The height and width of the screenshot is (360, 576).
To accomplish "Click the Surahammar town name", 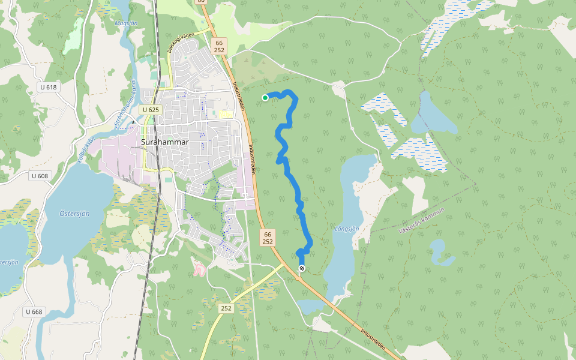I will click(x=164, y=142).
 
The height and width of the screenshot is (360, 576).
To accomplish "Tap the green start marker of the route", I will click(x=265, y=98).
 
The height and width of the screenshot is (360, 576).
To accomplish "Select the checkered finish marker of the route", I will click(x=302, y=269).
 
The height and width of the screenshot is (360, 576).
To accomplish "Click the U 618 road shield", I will click(x=48, y=88).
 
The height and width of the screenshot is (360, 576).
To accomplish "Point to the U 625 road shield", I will click(x=151, y=110).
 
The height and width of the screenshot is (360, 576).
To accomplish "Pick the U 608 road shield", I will click(x=40, y=176).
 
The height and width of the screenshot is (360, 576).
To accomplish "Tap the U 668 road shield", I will click(x=34, y=312).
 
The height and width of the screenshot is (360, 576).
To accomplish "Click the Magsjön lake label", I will click(x=127, y=23).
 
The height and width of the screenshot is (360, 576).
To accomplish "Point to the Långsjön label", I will click(x=347, y=229).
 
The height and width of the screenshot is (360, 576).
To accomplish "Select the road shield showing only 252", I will click(x=226, y=308).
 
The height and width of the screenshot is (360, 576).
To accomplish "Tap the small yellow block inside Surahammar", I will click(x=226, y=114).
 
